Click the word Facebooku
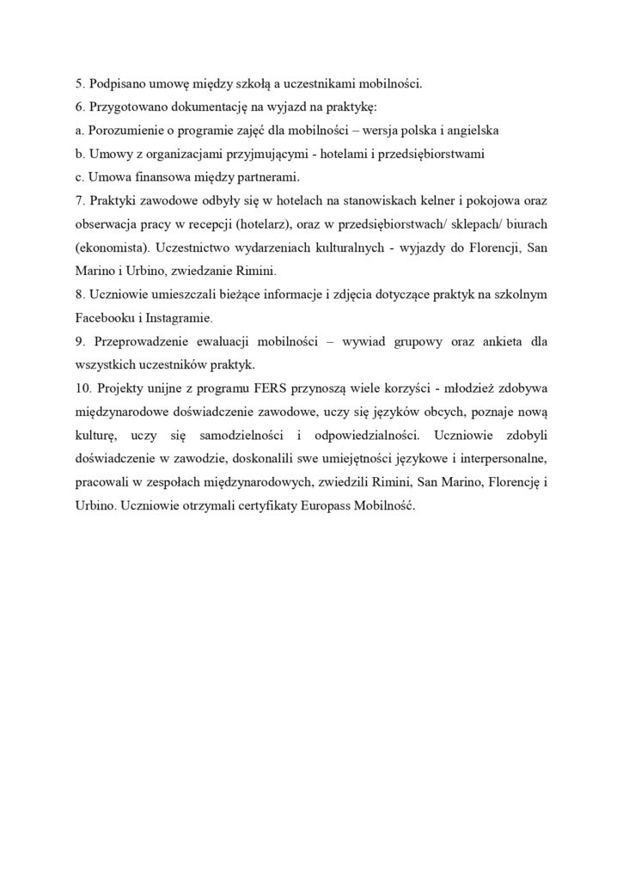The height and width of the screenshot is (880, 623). tap(107, 316)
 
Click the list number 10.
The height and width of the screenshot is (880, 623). tap(83, 387)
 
